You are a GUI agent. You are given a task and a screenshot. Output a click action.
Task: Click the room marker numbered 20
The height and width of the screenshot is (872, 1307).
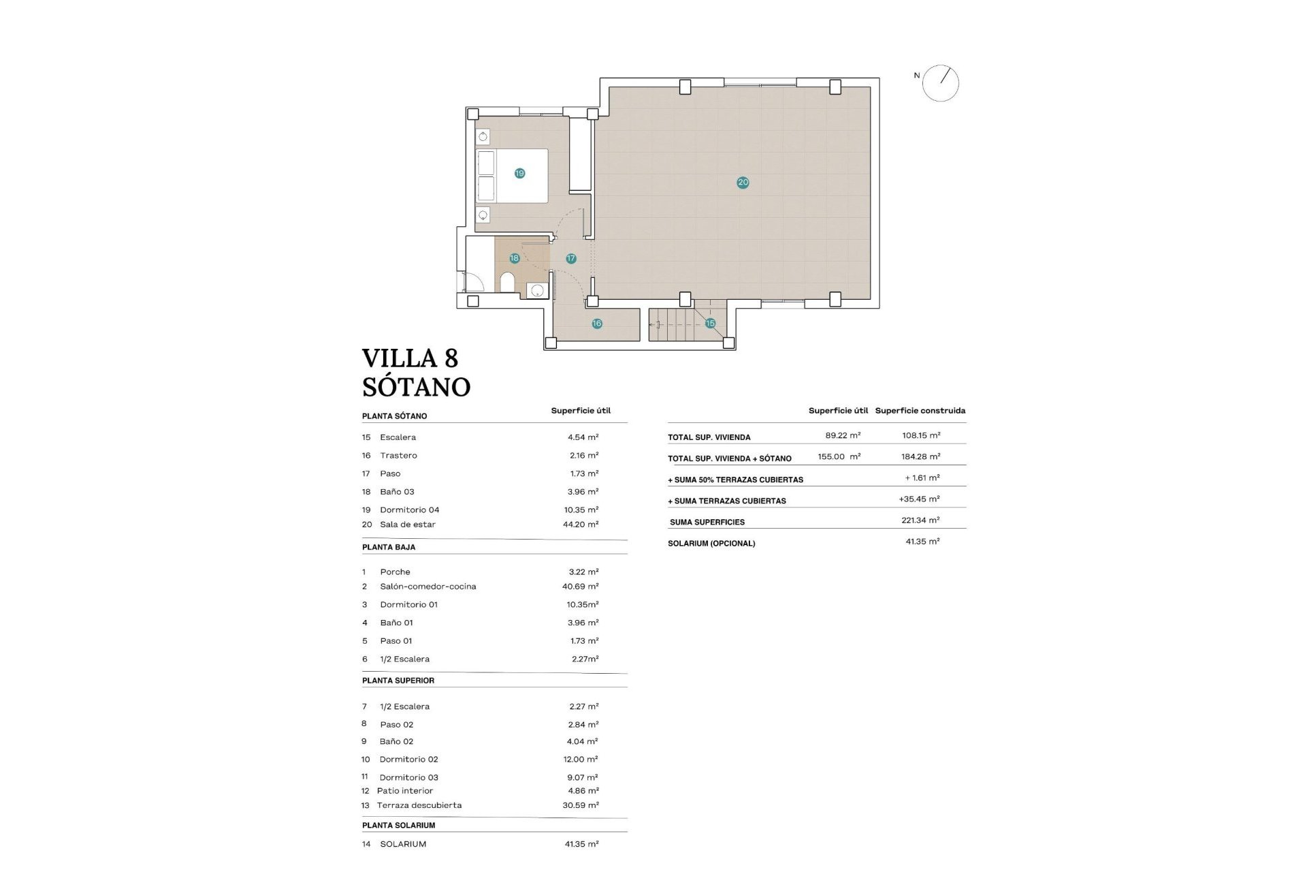coord(743,182)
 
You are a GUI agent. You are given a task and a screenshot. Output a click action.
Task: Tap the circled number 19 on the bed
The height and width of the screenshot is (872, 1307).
coord(519,173)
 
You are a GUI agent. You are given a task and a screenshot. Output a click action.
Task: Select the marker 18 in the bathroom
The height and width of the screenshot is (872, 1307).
coord(514,258)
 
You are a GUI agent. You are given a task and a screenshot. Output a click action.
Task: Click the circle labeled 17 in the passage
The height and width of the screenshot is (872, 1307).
coord(570,258)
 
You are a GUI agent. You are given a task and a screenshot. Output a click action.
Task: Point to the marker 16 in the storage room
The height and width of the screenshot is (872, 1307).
coord(596,324)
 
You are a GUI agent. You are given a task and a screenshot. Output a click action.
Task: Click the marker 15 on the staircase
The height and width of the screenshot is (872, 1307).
coord(710,323)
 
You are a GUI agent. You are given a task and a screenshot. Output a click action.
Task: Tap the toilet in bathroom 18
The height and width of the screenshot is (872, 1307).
coord(507,281)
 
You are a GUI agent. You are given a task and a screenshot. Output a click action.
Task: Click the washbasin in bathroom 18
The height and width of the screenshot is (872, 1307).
coord(537,291)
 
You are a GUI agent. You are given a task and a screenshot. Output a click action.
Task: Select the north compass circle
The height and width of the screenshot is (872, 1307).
coord(941,84)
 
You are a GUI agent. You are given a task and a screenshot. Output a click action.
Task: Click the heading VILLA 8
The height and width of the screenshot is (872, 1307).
coord(410,358)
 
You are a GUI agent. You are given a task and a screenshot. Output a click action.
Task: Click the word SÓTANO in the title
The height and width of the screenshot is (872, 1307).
coord(416,387)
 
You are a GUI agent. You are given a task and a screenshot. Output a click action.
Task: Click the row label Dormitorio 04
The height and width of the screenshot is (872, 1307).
coord(409,510)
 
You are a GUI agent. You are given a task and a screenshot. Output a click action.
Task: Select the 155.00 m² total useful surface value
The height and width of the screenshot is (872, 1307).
coord(839,456)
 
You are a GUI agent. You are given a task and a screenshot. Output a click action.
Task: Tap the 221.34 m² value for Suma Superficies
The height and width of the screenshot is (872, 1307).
coord(920,520)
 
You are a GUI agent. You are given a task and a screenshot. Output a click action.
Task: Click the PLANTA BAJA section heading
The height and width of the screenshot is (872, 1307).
coord(389,547)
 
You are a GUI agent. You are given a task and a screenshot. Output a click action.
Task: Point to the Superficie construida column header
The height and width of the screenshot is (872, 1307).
coord(920,411)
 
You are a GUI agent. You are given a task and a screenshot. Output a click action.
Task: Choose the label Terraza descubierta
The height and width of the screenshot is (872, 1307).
coord(419,805)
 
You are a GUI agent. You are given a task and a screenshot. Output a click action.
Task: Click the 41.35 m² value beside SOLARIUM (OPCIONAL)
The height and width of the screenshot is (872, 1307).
coord(922,542)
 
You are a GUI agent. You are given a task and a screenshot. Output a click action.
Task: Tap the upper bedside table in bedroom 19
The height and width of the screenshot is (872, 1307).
coord(483,137)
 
